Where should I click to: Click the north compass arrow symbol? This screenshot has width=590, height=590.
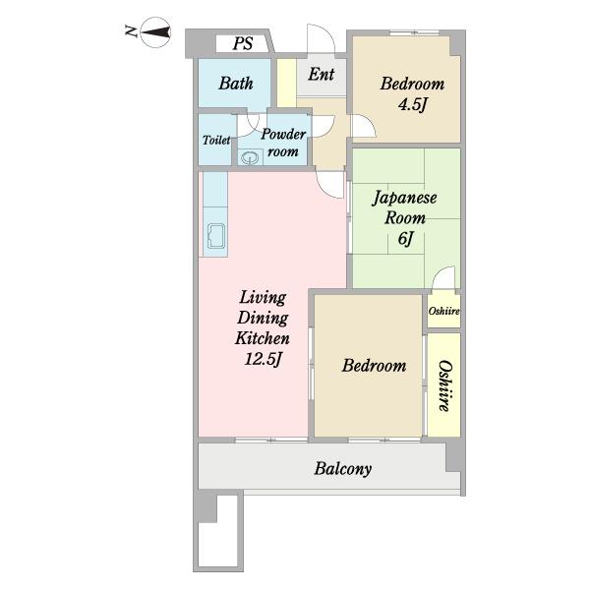coord(155,32)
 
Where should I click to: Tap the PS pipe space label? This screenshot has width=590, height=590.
coord(243,43)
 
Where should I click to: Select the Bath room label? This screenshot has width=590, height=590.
coord(236,84)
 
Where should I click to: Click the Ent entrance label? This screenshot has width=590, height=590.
coord(321,74)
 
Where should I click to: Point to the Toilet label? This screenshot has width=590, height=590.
coord(216,140)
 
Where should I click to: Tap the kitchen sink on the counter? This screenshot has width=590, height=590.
coord(216,236)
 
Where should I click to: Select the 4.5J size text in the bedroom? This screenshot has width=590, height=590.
coord(413,104)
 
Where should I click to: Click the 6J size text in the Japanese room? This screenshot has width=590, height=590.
coord(405,238)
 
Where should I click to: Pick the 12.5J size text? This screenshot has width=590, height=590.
coord(263,359)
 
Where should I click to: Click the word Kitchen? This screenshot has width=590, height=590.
coord(263,338)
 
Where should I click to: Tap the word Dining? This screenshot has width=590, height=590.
coord(263,318)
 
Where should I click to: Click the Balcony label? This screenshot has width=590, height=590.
coord(343,469)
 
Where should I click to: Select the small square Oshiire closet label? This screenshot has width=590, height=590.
coord(444,311)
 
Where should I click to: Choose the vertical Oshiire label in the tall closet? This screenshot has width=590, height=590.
coord(444,386)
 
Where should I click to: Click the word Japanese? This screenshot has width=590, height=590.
coord(404,198)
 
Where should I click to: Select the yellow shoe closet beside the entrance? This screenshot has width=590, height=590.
coord(286,84)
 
